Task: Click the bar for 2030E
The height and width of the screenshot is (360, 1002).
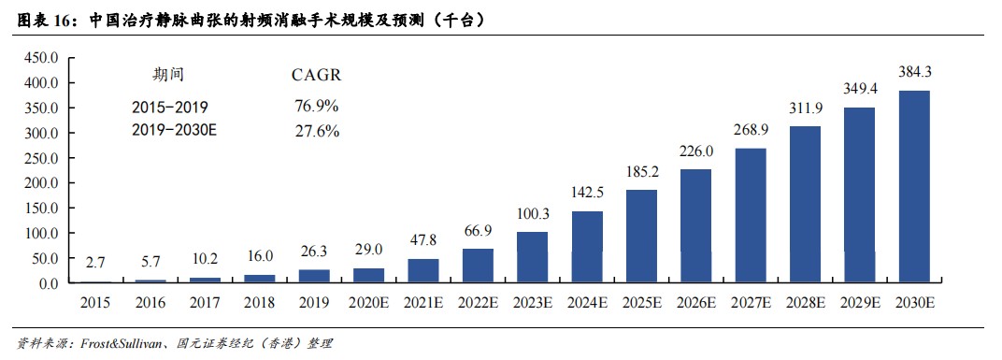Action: (x=914, y=187)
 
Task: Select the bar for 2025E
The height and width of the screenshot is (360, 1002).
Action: (x=641, y=236)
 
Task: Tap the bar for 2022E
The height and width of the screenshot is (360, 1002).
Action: (x=478, y=266)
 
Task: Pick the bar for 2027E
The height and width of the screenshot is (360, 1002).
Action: (x=751, y=215)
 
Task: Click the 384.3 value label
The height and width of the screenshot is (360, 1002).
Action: (x=914, y=72)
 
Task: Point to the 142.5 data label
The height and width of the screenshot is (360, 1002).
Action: (x=587, y=193)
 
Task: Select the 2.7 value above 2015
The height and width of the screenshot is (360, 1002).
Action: (x=97, y=261)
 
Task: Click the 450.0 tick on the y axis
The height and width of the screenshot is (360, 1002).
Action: (x=41, y=58)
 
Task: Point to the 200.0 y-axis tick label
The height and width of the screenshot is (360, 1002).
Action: (x=41, y=183)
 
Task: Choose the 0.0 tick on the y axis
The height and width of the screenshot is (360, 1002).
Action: (x=48, y=283)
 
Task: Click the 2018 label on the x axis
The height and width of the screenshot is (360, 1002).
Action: (x=260, y=303)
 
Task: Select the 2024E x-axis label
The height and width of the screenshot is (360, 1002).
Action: (x=587, y=303)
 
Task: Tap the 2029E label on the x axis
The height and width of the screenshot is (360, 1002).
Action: (x=860, y=303)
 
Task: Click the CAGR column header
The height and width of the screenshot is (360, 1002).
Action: (x=316, y=76)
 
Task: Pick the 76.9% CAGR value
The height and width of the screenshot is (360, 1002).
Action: (x=316, y=106)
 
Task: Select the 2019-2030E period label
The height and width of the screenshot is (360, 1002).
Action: (x=175, y=130)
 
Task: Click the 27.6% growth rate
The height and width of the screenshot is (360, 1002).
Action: (x=316, y=131)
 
